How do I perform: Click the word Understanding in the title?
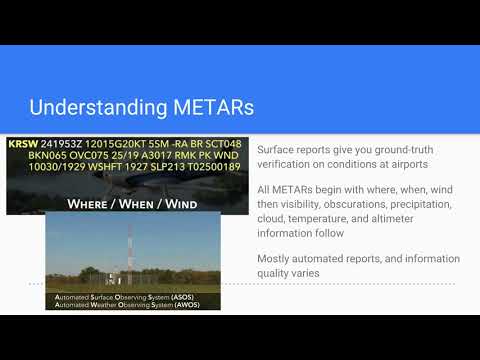89,106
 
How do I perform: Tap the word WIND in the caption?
173,204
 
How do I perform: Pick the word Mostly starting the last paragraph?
276,259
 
